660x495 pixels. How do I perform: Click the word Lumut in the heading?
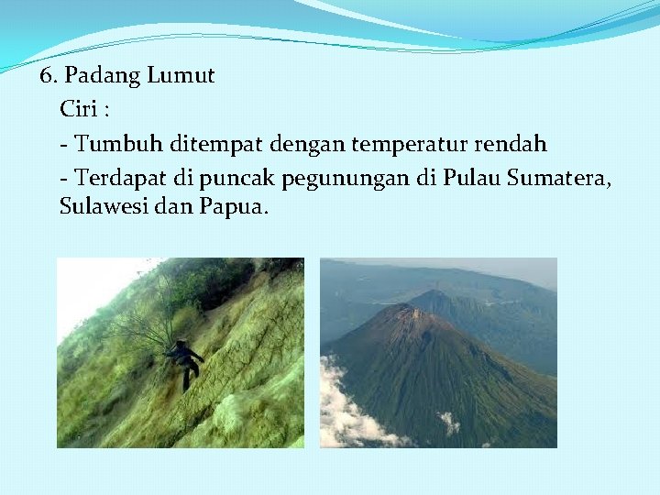(183, 76)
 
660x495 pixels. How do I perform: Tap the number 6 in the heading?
(45, 76)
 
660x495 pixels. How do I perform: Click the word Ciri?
(79, 110)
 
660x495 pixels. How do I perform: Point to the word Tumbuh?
(112, 144)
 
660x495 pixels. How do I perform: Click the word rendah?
(514, 144)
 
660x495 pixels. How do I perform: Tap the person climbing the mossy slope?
(186, 361)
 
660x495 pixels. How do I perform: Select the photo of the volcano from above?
(438, 353)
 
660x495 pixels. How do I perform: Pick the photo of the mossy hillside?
(181, 353)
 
